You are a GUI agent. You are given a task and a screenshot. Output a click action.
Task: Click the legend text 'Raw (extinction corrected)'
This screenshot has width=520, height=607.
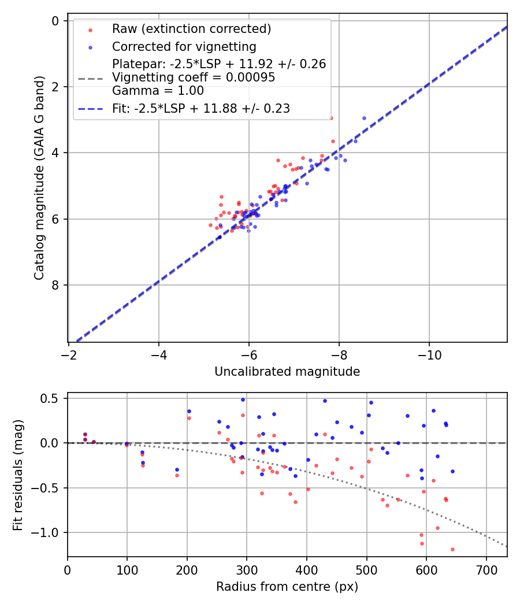[x=191, y=29]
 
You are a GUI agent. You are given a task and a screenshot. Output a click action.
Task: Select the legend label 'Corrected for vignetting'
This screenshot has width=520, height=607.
[x=184, y=46]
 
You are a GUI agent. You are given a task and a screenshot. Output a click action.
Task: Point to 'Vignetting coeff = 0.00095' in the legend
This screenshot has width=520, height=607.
[x=193, y=77]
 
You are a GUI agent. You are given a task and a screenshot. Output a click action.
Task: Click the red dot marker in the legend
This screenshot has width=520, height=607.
[x=90, y=29]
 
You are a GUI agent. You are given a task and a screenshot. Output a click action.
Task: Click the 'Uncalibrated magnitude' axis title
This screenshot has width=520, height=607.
[x=287, y=372]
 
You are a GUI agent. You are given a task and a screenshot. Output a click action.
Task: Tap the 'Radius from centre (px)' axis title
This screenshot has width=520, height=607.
[x=287, y=587]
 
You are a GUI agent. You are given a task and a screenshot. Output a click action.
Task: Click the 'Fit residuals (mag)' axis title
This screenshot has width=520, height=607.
[x=18, y=475]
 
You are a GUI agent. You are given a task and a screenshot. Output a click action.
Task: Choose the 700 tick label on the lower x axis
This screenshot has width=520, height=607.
[x=486, y=569]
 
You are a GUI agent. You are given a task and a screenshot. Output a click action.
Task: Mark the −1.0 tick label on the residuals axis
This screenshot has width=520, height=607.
[x=49, y=532]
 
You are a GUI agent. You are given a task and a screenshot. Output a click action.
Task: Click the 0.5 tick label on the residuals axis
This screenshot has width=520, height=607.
[x=52, y=398]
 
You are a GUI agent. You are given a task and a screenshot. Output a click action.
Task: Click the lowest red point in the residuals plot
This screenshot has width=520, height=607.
[x=452, y=549]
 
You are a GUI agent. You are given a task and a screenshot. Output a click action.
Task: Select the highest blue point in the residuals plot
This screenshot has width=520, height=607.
[x=243, y=399]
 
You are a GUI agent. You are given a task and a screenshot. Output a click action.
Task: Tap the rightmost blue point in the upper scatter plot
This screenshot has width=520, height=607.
[x=364, y=118]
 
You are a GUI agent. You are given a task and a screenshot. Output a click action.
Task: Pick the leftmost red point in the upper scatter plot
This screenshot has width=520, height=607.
[x=210, y=225]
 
